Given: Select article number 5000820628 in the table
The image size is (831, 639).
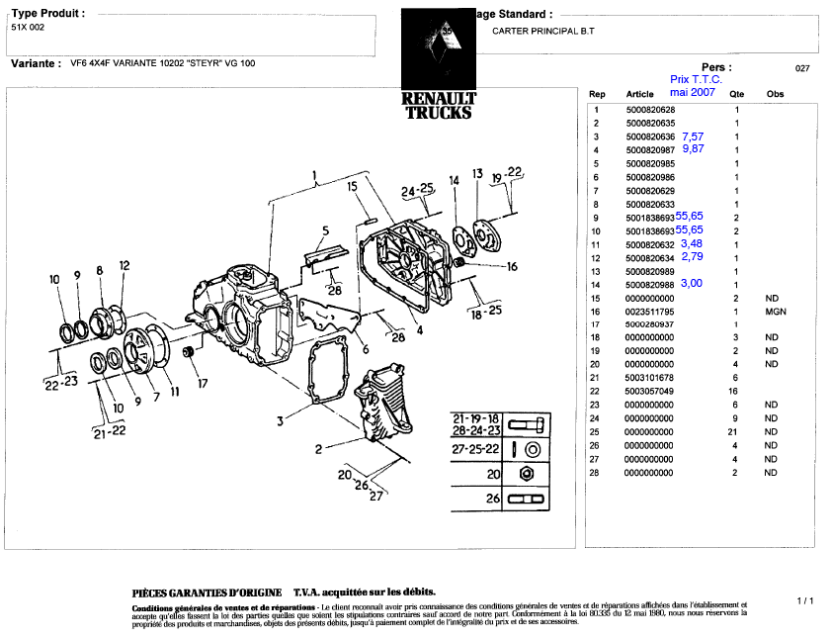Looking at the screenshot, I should pyautogui.click(x=650, y=109).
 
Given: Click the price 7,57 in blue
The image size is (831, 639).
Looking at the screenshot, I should pyautogui.click(x=692, y=136).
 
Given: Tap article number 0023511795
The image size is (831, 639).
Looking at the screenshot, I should pyautogui.click(x=650, y=311).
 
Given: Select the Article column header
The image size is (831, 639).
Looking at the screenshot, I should pyautogui.click(x=640, y=94).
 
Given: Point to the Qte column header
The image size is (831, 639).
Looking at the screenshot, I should pyautogui.click(x=736, y=94).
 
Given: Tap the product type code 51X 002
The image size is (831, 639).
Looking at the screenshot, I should pyautogui.click(x=28, y=28).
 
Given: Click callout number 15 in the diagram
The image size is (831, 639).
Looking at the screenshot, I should pyautogui.click(x=351, y=186).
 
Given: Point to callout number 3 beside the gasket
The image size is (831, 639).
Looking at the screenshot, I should pyautogui.click(x=281, y=420).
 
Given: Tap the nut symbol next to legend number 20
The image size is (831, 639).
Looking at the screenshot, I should pyautogui.click(x=527, y=475).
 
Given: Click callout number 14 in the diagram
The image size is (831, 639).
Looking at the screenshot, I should pyautogui.click(x=454, y=180).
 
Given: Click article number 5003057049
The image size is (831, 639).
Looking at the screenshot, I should pyautogui.click(x=650, y=392).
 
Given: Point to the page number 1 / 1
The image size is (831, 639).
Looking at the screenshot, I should pyautogui.click(x=804, y=600).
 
